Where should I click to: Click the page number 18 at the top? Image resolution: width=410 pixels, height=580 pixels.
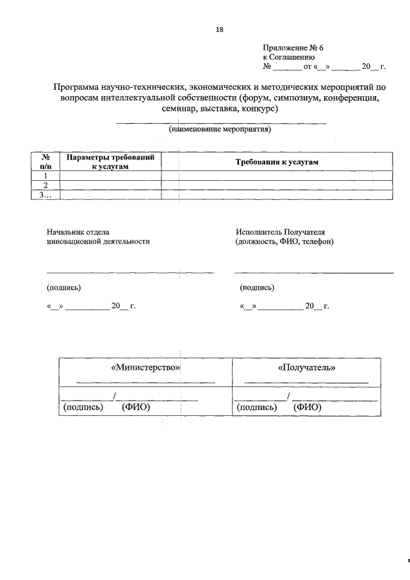[x=219, y=29]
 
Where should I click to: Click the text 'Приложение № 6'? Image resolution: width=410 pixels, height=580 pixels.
[x=288, y=48]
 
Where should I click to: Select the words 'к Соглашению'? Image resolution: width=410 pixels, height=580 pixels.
[x=288, y=57]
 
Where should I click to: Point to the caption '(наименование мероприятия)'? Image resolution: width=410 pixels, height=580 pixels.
[x=220, y=129]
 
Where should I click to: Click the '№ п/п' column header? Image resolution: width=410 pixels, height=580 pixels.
[x=45, y=162]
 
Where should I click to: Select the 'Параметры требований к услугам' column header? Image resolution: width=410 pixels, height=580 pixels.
[x=110, y=162]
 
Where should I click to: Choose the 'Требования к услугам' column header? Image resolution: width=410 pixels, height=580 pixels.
[x=277, y=162]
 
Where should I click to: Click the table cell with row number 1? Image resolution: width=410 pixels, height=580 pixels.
[x=45, y=176]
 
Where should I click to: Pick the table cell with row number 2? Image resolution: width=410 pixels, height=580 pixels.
[x=45, y=185]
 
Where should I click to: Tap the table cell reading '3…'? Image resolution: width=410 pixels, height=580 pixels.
[x=45, y=195]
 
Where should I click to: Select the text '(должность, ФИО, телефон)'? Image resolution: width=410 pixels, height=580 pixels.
[x=284, y=242]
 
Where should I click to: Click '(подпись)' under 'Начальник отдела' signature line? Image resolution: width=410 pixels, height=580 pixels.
[x=63, y=287]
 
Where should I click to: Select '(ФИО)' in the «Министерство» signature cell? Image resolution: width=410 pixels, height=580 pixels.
[x=135, y=407]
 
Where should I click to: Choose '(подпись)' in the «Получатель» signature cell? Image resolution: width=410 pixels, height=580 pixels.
[x=256, y=407]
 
